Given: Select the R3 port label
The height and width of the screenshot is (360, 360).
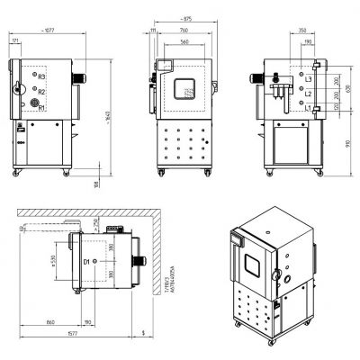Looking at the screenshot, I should point(41,77).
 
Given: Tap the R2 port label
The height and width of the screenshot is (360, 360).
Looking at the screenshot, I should point(41,92).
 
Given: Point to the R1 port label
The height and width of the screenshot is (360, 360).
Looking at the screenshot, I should point(41,107).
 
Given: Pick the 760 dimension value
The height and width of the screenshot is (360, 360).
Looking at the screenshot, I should point(184,31).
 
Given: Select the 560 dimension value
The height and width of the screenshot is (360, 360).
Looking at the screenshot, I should point(184,41).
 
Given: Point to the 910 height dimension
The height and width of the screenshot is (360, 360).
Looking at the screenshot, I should point(349,143).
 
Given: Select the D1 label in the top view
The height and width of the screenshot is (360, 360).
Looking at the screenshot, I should point(87,261).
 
